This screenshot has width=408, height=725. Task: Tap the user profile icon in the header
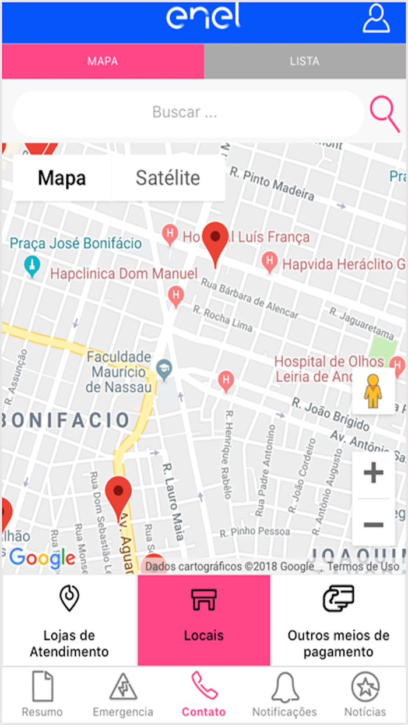coord(376,19)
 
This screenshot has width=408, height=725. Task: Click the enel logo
coord(203,17)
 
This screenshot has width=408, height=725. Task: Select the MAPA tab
coord(103,61)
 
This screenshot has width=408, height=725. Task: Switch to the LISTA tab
coord(304,61)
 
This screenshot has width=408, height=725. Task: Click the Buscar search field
coord(185,112)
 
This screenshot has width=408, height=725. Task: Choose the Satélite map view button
coord(168,178)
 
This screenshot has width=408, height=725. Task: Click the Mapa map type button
coord(62,178)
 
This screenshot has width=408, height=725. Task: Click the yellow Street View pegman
coord(373,391)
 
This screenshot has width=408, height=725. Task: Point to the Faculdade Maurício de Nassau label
coord(119,371)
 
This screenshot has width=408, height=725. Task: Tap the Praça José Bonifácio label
coord(76,243)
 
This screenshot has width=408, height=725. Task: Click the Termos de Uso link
coord(363,566)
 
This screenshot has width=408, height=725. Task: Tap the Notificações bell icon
coord(284,689)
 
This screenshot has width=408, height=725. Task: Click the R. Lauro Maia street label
coord(174,501)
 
